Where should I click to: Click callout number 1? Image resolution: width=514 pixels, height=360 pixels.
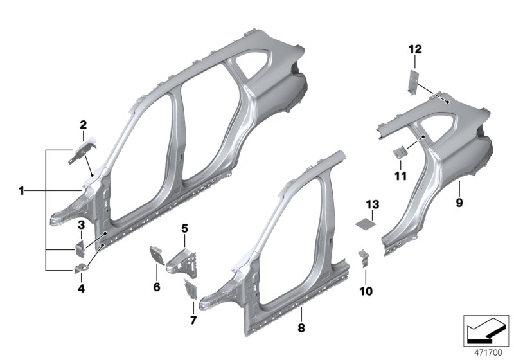coord(21,190)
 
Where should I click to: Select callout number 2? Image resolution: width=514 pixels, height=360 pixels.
coord(83,125)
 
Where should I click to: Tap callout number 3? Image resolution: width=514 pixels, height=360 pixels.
coord(82,224)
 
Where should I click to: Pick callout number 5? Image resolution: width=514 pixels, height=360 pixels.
coord(184,228)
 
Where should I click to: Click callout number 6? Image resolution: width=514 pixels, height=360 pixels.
coord(156,287)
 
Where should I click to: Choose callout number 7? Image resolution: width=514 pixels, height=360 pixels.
coord(193,319)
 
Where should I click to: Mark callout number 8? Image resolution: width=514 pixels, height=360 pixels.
coord(301,327)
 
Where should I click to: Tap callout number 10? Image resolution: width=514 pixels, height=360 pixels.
coord(367,291)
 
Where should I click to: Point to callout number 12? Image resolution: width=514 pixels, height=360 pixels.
coord(414,49)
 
